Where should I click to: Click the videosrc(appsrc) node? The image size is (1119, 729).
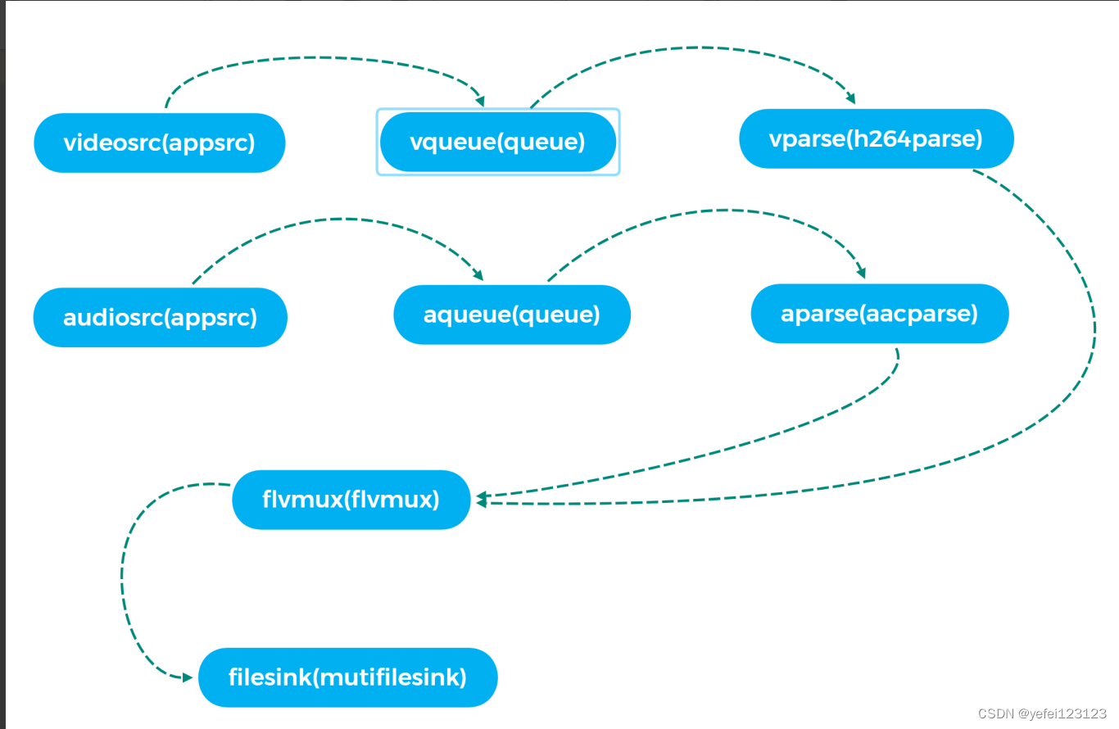[x=160, y=143]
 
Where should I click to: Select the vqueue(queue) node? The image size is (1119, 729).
[x=498, y=142]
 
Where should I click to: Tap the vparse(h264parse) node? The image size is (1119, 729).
[x=876, y=138]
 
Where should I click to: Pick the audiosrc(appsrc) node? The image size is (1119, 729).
[x=160, y=317]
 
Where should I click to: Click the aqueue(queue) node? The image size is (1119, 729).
[x=512, y=315]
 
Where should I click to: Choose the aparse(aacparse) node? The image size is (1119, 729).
[x=879, y=314]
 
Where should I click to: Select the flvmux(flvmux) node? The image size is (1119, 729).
[x=351, y=500]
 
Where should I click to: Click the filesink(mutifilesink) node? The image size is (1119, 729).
[x=347, y=677]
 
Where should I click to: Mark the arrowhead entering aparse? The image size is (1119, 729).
[x=861, y=273]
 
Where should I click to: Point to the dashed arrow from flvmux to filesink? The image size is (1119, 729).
[x=123, y=573]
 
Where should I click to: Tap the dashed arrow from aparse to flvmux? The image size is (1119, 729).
[x=737, y=442]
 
